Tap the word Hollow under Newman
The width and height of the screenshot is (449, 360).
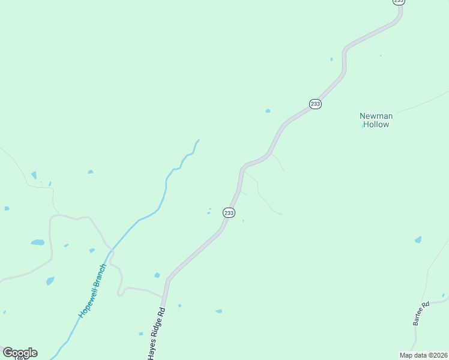click(x=376, y=125)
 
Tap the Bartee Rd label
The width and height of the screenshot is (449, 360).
click(x=421, y=313)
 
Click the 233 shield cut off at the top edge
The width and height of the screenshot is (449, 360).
click(x=399, y=2)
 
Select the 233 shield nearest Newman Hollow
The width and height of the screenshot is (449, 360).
click(x=316, y=104)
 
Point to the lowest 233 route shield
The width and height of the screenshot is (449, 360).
click(x=229, y=212)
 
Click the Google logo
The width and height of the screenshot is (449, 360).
click(x=20, y=352)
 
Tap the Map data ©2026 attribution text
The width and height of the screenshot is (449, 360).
click(x=423, y=355)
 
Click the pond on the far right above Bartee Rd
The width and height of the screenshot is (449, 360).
click(x=418, y=240)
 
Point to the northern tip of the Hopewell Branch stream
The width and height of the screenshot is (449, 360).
click(x=198, y=140)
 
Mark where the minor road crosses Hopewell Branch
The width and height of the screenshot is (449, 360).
click(x=112, y=249)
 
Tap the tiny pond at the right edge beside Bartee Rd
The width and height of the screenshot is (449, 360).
click(x=444, y=295)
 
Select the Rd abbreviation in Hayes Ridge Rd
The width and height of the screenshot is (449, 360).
click(x=162, y=312)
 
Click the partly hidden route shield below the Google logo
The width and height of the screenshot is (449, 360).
click(x=20, y=358)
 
